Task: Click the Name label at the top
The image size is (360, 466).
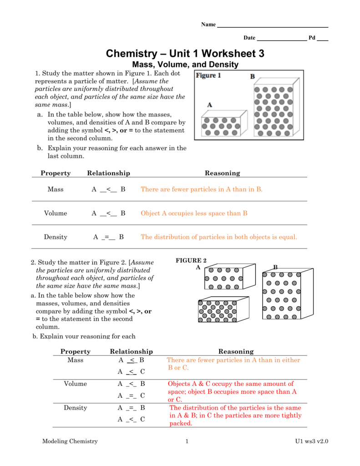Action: point(208,25)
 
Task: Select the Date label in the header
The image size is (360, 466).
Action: point(249,38)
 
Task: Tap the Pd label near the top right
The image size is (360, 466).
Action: point(312,38)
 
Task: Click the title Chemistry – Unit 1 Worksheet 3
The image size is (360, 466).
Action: point(185,54)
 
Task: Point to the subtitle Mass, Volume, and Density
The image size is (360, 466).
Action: point(185,65)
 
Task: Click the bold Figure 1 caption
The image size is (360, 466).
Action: point(208,76)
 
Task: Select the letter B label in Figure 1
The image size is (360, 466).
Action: point(252,77)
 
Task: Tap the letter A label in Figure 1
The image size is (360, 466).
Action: point(210,105)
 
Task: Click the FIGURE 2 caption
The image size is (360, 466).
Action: point(191,260)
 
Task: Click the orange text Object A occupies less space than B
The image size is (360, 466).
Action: point(194,213)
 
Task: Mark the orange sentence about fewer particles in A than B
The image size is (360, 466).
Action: point(202,189)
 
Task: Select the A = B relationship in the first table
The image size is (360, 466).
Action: point(108,237)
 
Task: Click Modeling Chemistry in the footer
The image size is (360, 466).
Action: point(70,441)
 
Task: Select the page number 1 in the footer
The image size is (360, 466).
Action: point(187,441)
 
